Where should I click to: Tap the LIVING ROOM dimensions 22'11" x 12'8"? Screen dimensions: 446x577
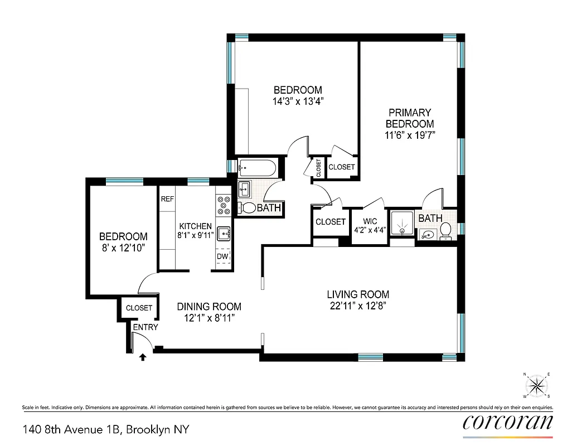click(357, 306)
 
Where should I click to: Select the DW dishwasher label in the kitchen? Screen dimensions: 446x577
click(222, 256)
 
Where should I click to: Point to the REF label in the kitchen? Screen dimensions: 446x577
click(168, 199)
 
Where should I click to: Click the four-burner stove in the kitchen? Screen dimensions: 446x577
click(223, 205)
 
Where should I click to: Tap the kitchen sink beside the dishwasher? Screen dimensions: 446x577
click(223, 232)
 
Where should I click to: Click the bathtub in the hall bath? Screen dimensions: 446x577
click(256, 167)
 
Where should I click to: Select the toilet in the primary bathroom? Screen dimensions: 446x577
click(445, 229)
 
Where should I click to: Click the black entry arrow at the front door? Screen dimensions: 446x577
click(143, 357)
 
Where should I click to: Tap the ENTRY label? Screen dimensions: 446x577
click(145, 327)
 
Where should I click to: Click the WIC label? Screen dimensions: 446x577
click(370, 221)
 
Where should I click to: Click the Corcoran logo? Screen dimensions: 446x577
click(508, 422)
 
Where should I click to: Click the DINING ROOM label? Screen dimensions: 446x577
click(209, 307)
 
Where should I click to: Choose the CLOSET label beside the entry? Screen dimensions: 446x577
click(139, 308)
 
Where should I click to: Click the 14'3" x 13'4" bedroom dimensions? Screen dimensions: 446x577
click(297, 101)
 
